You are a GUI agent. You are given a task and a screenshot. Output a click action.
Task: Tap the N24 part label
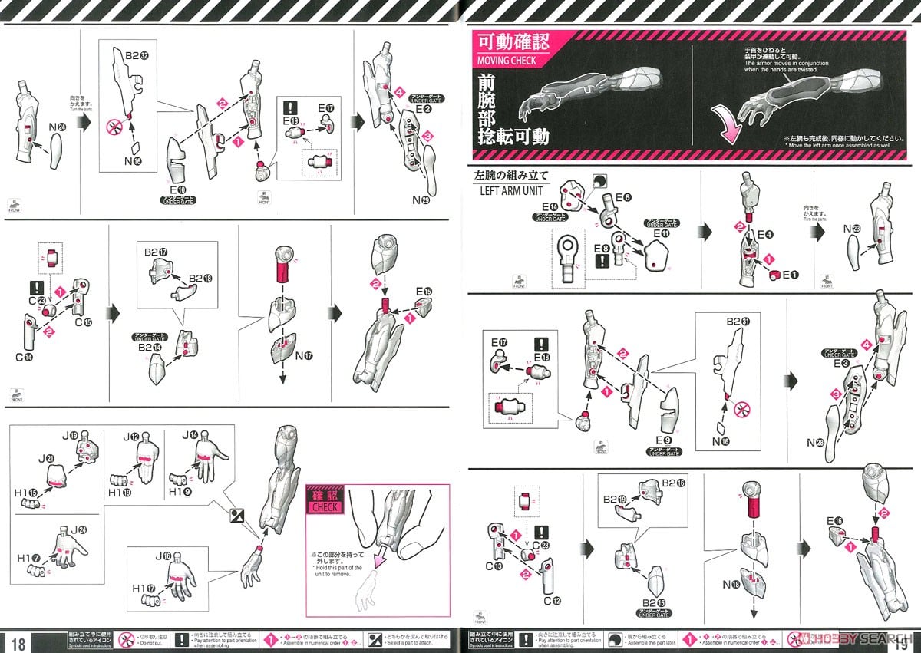pos(54,126)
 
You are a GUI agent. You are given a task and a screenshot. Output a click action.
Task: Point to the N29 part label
pos(421,200)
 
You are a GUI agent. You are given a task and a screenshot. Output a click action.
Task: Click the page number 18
pos(18,642)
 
